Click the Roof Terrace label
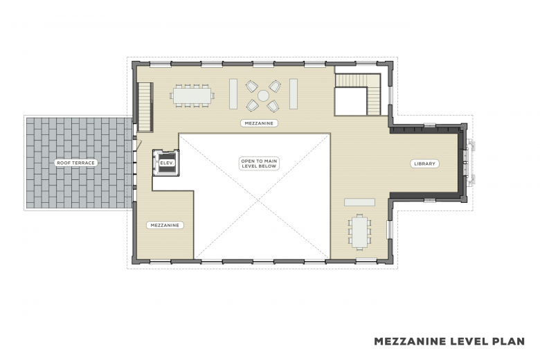75,163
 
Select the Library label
424,163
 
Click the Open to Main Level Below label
259,163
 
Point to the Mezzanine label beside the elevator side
165,225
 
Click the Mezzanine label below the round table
259,123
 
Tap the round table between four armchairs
263,96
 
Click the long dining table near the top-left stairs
192,96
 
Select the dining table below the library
359,231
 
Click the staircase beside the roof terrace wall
145,107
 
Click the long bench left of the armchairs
233,94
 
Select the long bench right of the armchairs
294,94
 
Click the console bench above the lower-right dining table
359,202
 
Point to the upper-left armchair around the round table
252,86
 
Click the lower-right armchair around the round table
273,106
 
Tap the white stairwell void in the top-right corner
350,102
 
